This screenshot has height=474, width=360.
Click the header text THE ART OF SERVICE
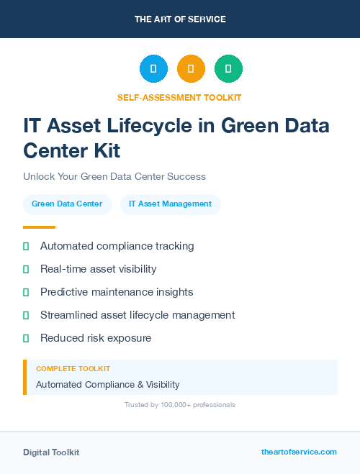tap(180, 19)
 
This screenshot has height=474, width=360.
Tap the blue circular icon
tap(153, 69)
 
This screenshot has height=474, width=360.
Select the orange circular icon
tap(191, 69)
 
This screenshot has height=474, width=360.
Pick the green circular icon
tap(228, 69)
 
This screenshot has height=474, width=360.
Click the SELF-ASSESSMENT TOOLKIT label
tap(179, 97)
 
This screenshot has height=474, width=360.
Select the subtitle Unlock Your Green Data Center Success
tap(114, 176)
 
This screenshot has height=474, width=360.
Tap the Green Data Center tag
tap(67, 204)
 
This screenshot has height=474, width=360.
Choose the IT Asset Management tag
tap(170, 204)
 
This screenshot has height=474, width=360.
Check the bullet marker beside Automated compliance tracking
tap(26, 246)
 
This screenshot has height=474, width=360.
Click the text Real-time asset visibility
tap(98, 269)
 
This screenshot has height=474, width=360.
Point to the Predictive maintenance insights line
tap(117, 292)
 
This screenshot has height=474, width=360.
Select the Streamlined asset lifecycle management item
tap(138, 315)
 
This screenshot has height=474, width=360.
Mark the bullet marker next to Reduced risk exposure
tap(26, 338)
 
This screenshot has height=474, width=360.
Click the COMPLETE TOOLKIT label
tap(67, 368)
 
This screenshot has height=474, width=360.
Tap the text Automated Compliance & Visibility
tap(107, 384)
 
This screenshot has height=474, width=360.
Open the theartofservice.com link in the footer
tap(299, 452)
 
